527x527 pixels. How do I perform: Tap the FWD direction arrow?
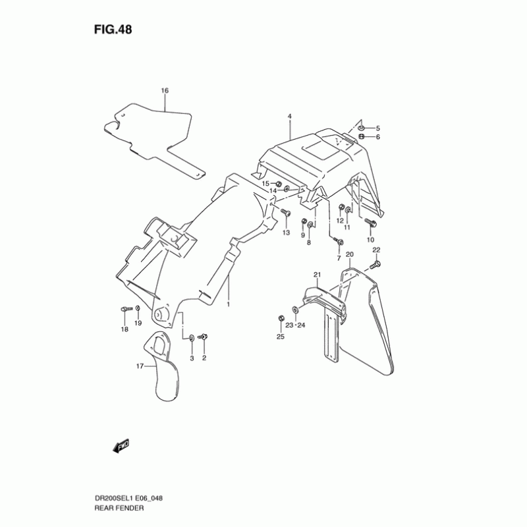coord(121,447)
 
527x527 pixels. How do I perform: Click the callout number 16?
coord(165,90)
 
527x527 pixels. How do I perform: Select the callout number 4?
coord(289,117)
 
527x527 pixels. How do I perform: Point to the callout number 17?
coord(140,367)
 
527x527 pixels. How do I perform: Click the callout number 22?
coord(376,250)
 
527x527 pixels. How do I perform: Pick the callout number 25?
coord(280,337)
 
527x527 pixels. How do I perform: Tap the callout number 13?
coord(287,233)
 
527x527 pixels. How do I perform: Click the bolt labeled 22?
coord(375,264)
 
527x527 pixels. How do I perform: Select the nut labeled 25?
coord(281,320)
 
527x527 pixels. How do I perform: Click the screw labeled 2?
coord(204,337)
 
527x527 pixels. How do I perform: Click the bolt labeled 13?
coord(285,213)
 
